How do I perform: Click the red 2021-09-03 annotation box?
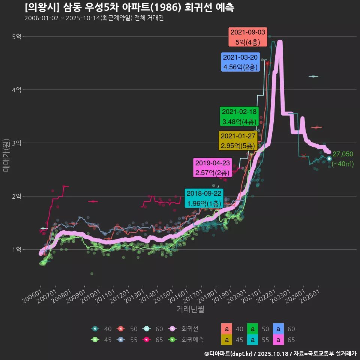[x=247, y=37]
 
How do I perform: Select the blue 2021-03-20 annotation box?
[x=240, y=62]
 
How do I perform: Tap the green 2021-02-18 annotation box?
[x=239, y=117]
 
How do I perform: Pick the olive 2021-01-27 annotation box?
[x=238, y=141]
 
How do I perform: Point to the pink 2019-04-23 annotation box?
[x=212, y=168]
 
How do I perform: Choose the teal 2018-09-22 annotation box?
[x=204, y=198]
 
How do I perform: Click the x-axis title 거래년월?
[x=190, y=309]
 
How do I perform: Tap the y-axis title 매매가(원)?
[x=6, y=155]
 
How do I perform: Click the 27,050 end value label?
[x=343, y=154]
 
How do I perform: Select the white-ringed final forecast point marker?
[x=329, y=159]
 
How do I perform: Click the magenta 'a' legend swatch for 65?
[x=278, y=340]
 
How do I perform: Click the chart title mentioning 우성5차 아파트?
[x=129, y=7]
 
